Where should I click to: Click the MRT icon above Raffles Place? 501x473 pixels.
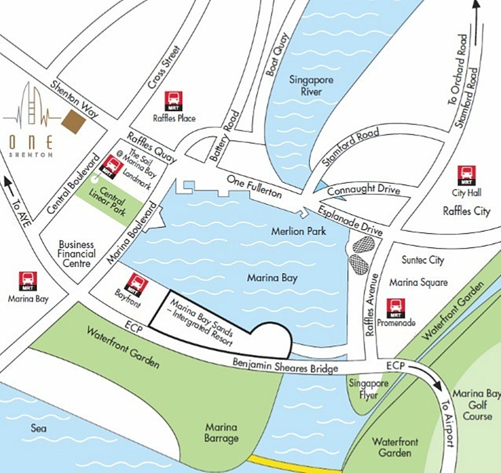point(173,101)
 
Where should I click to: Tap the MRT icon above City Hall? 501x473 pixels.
point(466,175)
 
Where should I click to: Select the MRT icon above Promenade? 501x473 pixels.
point(395,308)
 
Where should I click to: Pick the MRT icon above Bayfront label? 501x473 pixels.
point(137,284)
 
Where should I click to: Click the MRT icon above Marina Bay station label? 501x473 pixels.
point(28,281)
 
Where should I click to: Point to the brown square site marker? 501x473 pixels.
point(73,121)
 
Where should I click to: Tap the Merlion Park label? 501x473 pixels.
point(298,231)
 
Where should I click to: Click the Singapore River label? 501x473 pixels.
point(311,85)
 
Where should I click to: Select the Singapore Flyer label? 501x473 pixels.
point(368,389)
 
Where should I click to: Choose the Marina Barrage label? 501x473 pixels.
point(221,433)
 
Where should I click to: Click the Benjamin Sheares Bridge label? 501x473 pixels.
point(285,366)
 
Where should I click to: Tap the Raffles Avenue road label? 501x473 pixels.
point(372,304)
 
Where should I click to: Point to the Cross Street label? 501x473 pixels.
point(164,67)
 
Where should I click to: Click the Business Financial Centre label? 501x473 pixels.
point(76,254)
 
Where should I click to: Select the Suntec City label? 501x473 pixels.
point(423,260)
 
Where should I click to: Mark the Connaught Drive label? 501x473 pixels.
point(363,190)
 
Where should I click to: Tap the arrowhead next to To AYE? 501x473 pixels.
point(7,182)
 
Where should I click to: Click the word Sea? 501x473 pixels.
point(38,428)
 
